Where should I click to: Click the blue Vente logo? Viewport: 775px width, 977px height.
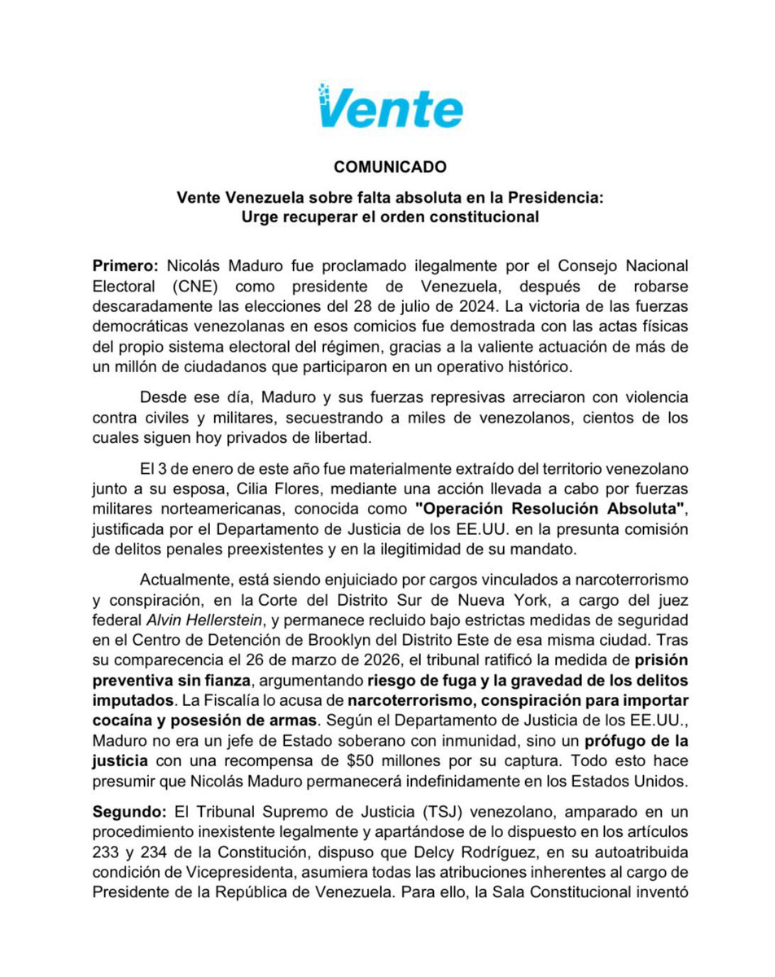390,107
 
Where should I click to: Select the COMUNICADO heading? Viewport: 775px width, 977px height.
390,167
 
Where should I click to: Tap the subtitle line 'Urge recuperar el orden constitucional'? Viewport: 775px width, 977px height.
390,217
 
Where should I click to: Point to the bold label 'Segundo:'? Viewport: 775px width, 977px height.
129,813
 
